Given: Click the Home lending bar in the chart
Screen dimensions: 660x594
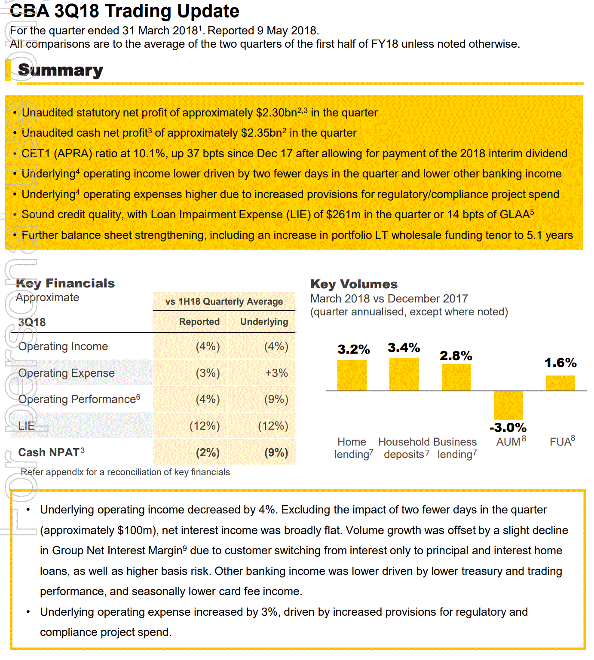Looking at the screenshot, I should (x=352, y=375).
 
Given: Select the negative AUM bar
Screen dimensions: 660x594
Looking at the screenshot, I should (x=508, y=405).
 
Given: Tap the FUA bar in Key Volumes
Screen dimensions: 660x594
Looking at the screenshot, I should (x=560, y=383).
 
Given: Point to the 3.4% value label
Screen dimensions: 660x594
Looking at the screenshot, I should (x=404, y=348).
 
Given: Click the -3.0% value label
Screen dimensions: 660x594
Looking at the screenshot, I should (x=508, y=428).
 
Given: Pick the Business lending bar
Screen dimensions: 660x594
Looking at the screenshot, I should (x=456, y=377).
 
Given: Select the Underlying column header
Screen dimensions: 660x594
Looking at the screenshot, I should (x=264, y=322).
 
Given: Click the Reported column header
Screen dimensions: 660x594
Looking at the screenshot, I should (x=199, y=322).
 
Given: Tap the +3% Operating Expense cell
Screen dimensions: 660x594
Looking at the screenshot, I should (x=276, y=373).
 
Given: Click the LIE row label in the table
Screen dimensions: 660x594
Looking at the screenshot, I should (x=26, y=426).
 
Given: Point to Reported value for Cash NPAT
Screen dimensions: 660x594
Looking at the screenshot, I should (x=208, y=452).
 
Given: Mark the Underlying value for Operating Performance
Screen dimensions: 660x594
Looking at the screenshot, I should (x=276, y=399).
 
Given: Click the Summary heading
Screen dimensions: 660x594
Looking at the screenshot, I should (x=61, y=70).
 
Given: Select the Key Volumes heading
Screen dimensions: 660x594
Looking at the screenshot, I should (x=354, y=284).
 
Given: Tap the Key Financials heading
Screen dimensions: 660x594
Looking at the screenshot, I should (x=65, y=283).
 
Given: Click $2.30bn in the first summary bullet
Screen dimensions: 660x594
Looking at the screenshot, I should (x=276, y=113).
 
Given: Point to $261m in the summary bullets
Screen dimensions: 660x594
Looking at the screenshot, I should (x=343, y=214).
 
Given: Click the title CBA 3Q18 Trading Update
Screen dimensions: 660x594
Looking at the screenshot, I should (x=125, y=11).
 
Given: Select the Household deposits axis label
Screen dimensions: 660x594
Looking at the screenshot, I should (x=404, y=448).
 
